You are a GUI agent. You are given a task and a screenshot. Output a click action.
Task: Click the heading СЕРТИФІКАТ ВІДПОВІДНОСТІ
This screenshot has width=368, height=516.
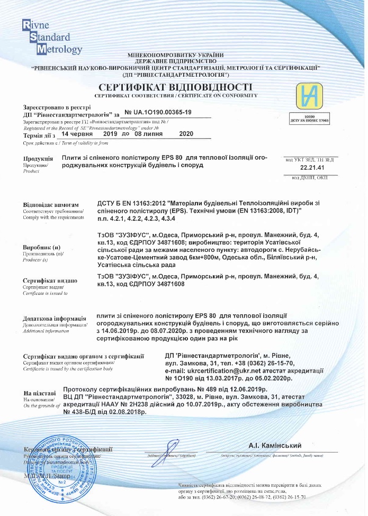click(x=175, y=87)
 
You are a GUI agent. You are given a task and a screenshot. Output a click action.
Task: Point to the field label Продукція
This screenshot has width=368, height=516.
click(x=38, y=159)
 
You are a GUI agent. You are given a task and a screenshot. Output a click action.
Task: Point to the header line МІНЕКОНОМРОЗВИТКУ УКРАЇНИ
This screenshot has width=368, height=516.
click(x=176, y=55)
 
